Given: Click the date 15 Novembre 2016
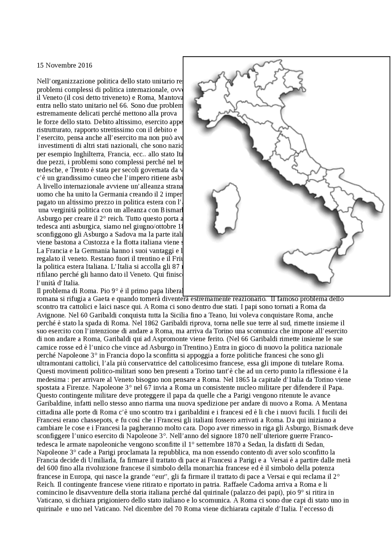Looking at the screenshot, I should (x=64, y=65).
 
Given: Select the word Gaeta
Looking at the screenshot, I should (x=115, y=299).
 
